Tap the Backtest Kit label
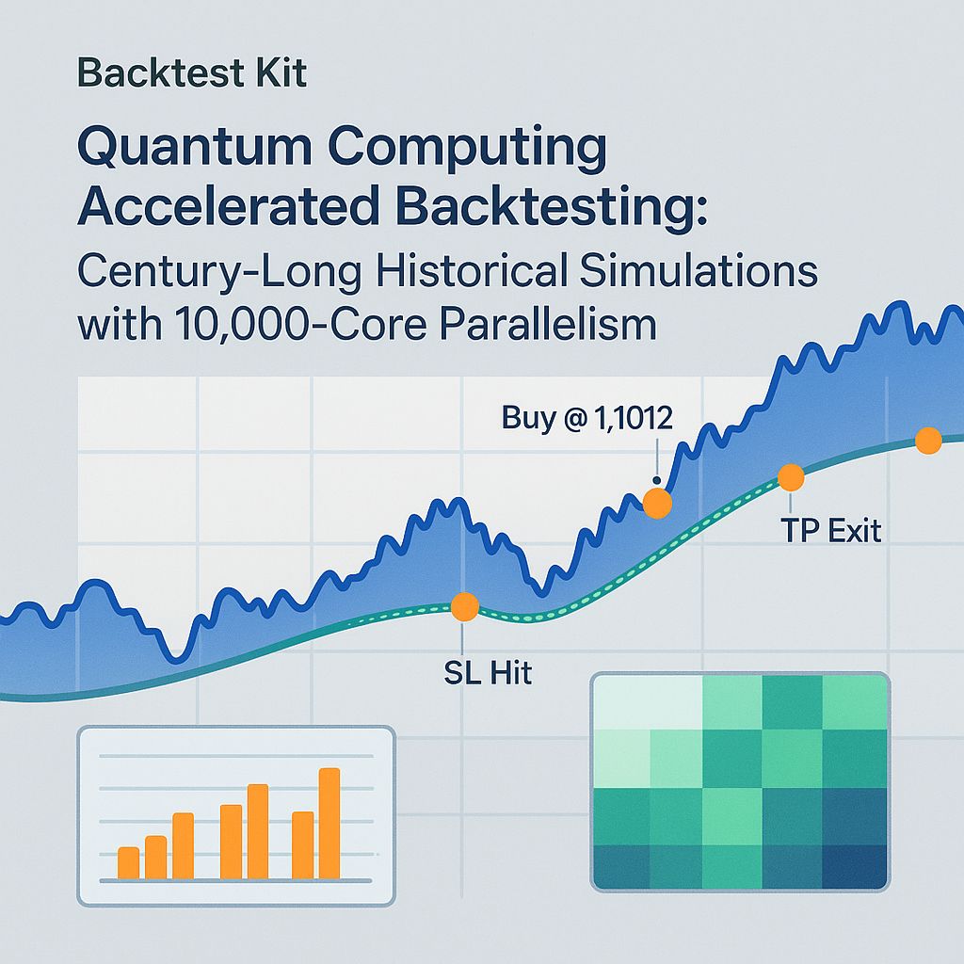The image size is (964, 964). tap(192, 73)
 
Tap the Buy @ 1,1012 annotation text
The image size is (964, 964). tap(587, 417)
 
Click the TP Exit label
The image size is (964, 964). tap(831, 531)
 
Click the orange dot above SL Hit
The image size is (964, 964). tap(464, 607)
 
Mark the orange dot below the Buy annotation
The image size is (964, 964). tap(656, 504)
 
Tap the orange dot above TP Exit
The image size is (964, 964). tap(791, 477)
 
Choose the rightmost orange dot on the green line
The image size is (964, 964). tap(928, 440)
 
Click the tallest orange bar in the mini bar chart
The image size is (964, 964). tap(329, 823)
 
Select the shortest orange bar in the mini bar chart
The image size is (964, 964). tap(128, 862)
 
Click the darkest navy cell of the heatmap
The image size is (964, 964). tap(855, 865)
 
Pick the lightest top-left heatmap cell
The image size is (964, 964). tap(621, 700)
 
